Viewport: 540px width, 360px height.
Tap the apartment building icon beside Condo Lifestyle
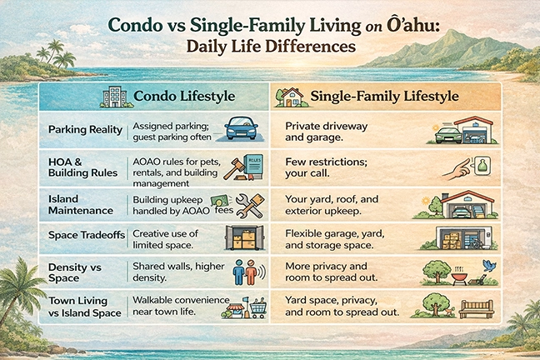coord(112,97)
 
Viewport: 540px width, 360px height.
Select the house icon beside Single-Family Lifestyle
coord(291,97)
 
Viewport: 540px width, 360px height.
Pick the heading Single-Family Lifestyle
coord(384,97)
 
